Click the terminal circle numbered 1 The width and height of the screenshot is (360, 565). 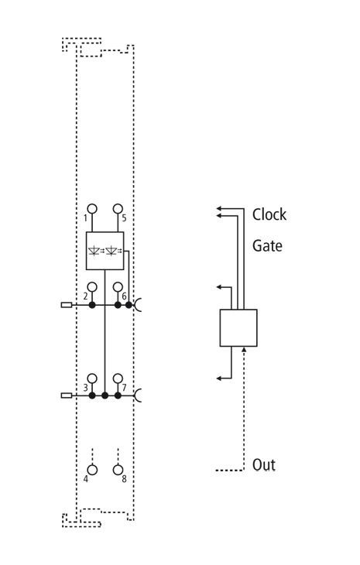[92, 209]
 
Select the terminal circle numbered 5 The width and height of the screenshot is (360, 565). [118, 209]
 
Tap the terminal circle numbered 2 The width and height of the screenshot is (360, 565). [92, 287]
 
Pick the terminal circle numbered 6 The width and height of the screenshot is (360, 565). [118, 287]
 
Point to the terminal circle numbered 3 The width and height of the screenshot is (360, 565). [92, 378]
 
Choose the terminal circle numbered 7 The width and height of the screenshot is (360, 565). [118, 378]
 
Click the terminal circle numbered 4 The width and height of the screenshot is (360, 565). [92, 470]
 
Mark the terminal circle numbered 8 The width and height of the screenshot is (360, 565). [118, 470]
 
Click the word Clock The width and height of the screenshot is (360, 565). [269, 214]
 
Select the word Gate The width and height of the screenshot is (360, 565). [267, 246]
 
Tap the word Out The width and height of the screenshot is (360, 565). [264, 465]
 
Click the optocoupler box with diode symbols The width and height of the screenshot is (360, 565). [105, 251]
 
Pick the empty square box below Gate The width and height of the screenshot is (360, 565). [238, 328]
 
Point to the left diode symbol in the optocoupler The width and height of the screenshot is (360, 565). [94, 251]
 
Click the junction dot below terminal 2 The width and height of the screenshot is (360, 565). [92, 305]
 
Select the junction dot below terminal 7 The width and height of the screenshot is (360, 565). [118, 395]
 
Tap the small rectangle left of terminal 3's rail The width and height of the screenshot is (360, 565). [67, 395]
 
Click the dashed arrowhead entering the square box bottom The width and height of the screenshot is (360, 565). [244, 349]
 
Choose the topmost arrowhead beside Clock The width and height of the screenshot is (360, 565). [219, 208]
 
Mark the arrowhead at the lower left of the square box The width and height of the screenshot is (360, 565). [219, 378]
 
